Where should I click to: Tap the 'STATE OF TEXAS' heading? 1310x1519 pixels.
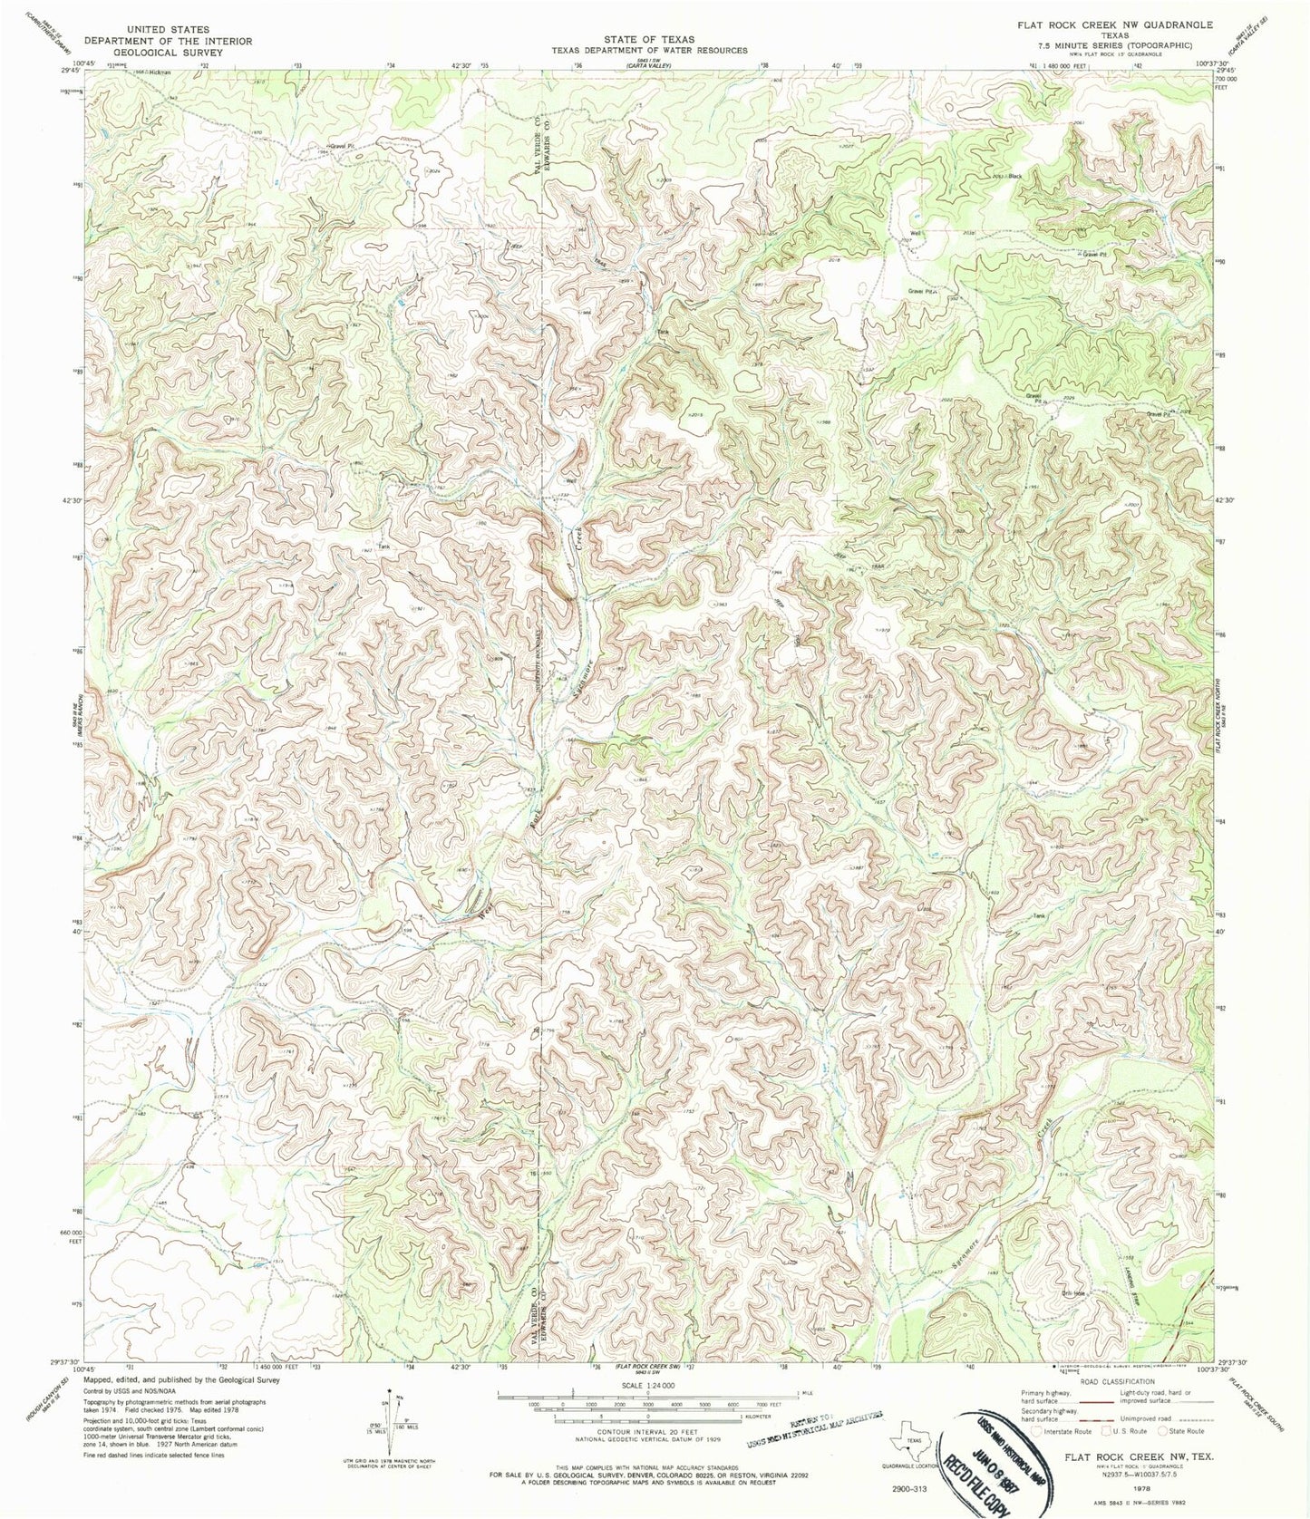click(x=650, y=39)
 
